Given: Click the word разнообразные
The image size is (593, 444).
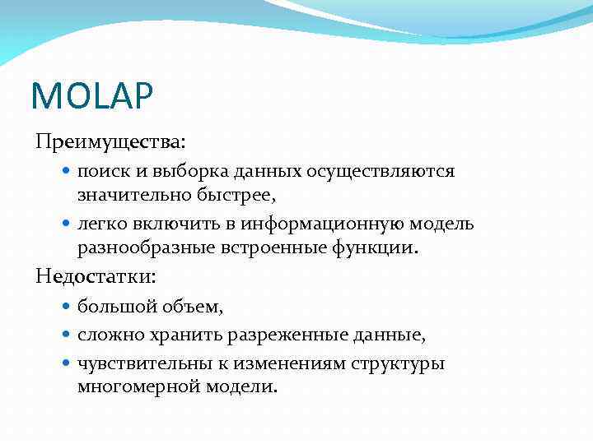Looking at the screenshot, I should (139, 247).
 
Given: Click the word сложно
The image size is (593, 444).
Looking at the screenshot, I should (108, 335).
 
